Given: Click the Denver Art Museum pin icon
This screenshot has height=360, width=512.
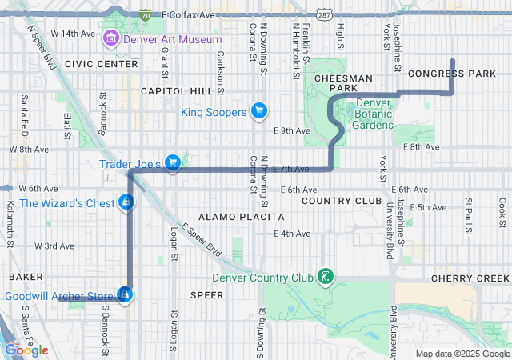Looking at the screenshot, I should point(110,39).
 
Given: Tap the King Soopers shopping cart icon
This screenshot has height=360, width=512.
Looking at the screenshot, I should point(258,111).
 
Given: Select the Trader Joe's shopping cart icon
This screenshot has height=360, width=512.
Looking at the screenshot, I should point(173,163).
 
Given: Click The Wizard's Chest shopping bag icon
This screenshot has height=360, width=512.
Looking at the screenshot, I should point(125,202).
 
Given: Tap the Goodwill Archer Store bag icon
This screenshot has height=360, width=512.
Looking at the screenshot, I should point(124,296).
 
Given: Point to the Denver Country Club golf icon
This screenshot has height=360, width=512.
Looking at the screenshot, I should point(325,278).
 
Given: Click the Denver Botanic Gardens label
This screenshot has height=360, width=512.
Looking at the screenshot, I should point(374,114).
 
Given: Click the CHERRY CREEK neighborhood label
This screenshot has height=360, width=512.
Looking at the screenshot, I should point(470,278).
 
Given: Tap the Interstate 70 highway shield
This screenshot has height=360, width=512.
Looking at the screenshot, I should point(144,14).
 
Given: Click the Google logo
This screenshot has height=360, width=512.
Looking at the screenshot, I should point(26,350).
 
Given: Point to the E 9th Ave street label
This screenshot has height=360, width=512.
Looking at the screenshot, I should point(290,130).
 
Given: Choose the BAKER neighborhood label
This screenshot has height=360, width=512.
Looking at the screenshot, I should point(26,276).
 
